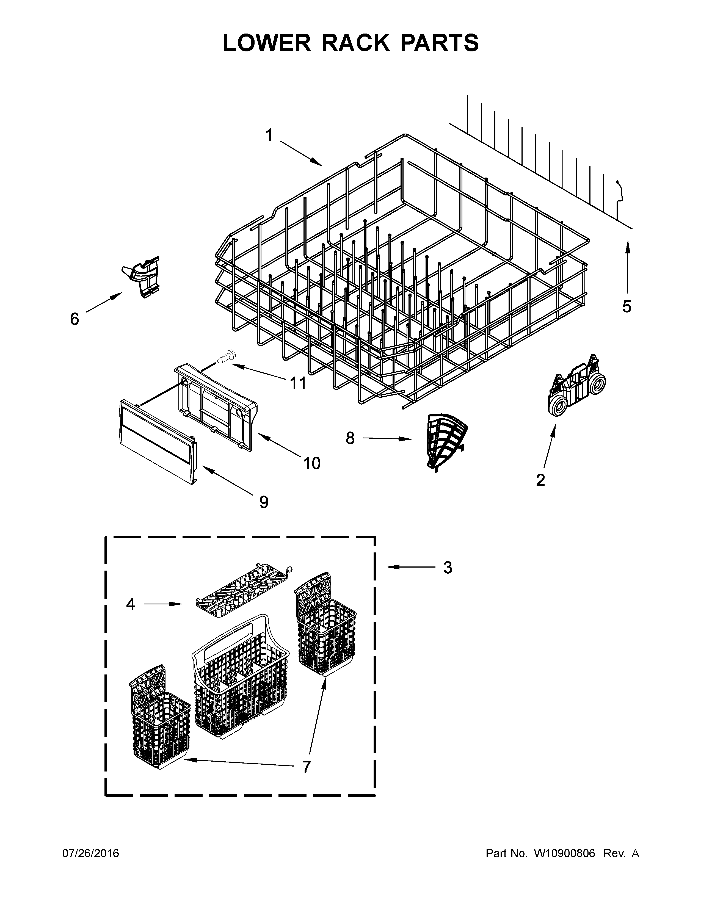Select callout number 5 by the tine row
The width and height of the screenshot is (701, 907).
(x=627, y=306)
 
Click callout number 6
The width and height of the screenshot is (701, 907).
(x=74, y=319)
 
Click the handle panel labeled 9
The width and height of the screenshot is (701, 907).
(x=158, y=441)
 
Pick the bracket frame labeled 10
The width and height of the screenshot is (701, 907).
(x=216, y=407)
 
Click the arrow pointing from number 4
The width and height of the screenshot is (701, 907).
(x=164, y=604)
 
